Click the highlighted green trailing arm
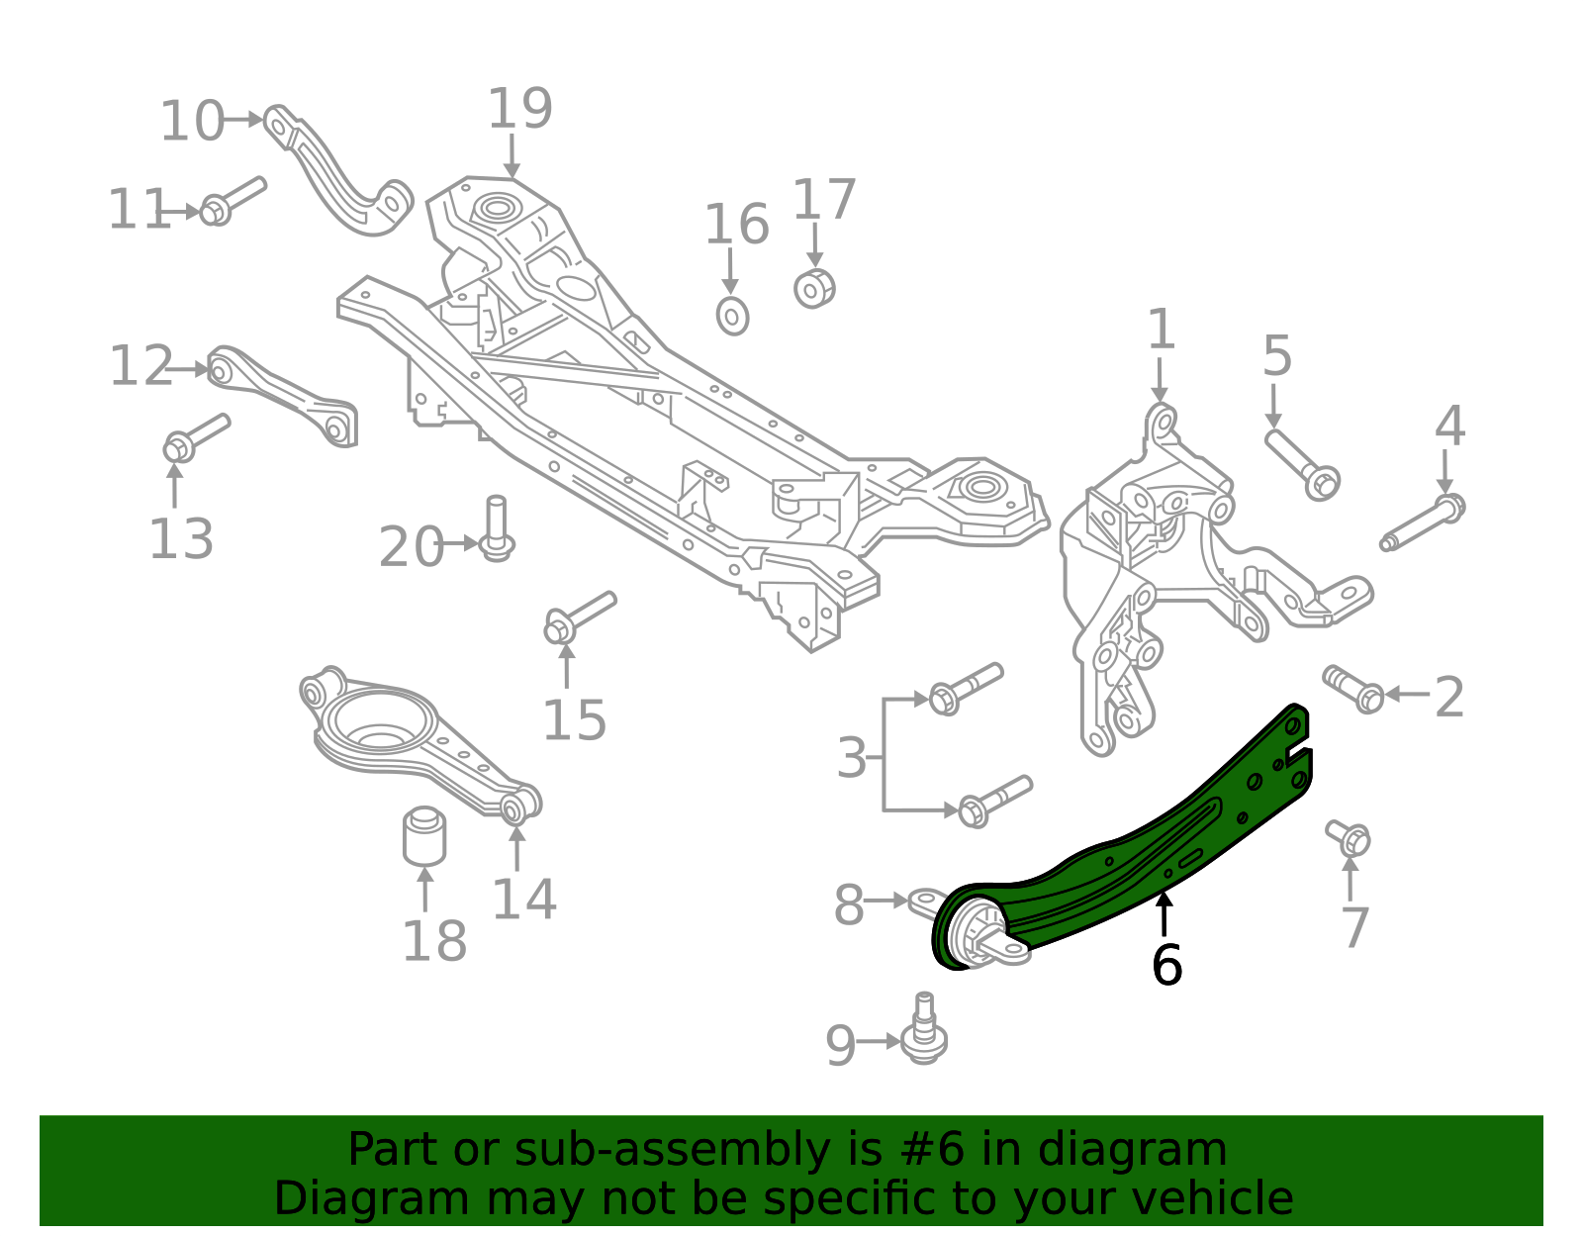tap(1138, 851)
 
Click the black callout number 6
tap(1166, 965)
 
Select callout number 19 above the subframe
tap(519, 109)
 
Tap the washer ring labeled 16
tap(732, 316)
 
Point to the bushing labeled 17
tap(814, 288)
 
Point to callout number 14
tap(523, 899)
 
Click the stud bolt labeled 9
tap(924, 1031)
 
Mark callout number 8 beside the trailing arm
tap(848, 904)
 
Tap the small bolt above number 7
tap(1349, 837)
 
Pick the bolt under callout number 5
tap(1302, 465)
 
